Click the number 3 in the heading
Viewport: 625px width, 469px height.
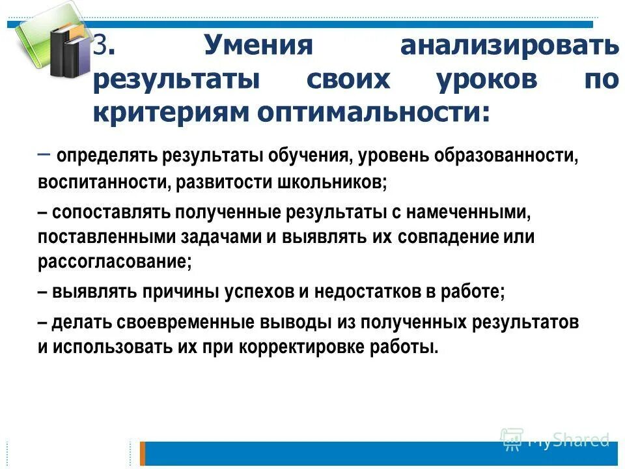tap(100, 47)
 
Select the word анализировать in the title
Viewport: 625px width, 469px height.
tap(510, 47)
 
